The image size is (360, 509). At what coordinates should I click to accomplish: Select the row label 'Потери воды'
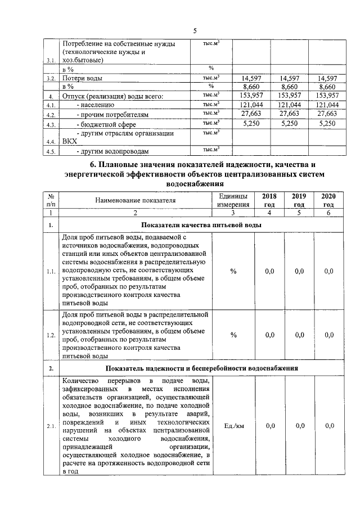click(82, 79)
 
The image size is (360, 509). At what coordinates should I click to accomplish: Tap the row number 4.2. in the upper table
click(51, 115)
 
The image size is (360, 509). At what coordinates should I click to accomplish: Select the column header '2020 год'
click(328, 200)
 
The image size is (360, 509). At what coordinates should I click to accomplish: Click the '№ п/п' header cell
click(51, 200)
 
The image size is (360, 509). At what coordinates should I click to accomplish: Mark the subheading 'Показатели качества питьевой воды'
click(201, 225)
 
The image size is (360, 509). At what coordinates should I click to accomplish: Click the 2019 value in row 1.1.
click(299, 271)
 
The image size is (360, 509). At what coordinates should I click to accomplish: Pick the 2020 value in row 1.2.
click(328, 335)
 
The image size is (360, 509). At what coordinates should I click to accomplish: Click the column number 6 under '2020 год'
click(328, 213)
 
